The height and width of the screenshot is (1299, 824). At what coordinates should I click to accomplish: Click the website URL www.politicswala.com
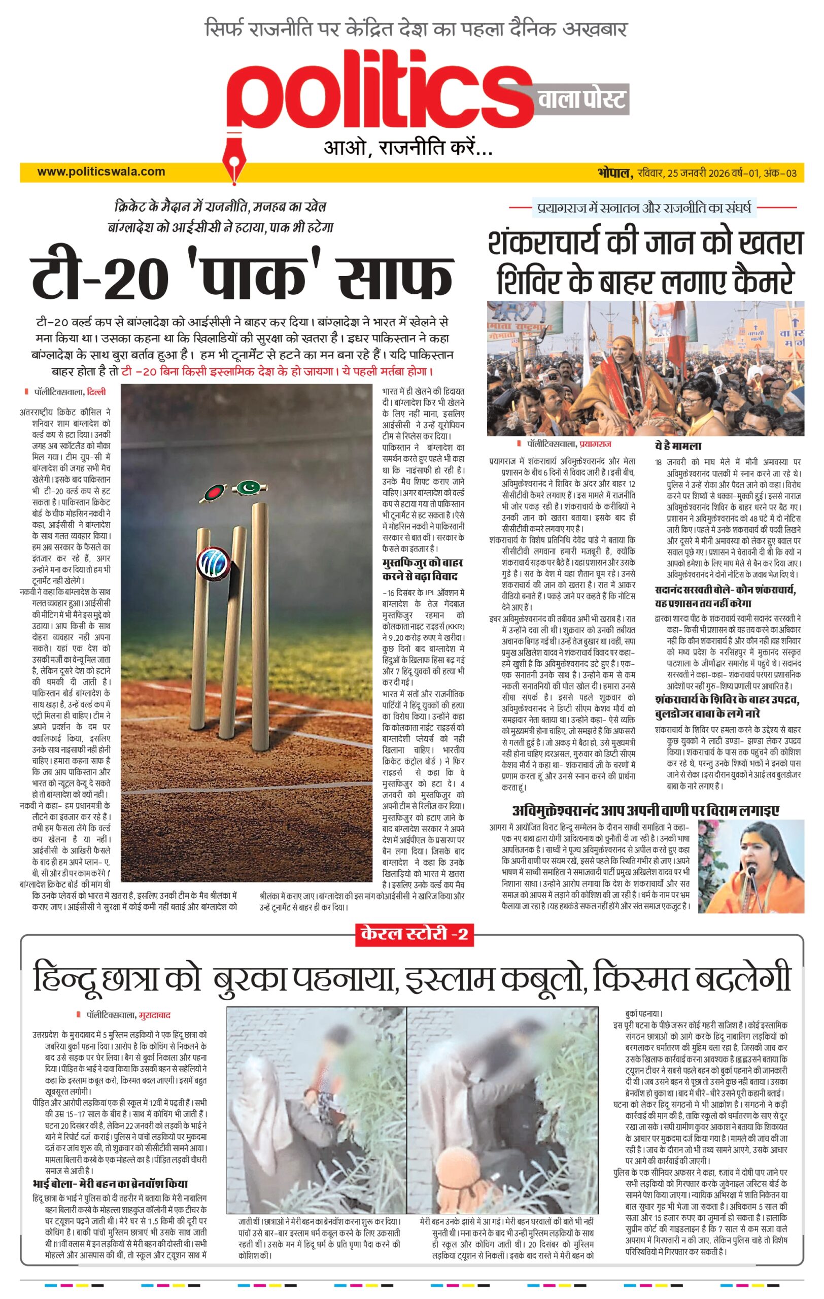(x=101, y=172)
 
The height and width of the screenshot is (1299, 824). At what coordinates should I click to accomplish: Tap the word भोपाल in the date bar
(x=614, y=173)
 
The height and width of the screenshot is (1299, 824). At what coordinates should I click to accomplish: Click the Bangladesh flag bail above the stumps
(x=212, y=492)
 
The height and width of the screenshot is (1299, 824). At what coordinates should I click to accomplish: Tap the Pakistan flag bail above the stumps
(x=249, y=487)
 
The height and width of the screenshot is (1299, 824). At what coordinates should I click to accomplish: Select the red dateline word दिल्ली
(x=96, y=392)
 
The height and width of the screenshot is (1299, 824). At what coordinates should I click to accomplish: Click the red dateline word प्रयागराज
(x=595, y=444)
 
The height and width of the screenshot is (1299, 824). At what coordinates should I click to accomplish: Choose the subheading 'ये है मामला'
(x=678, y=446)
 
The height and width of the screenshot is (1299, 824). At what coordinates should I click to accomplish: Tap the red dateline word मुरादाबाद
(x=154, y=1015)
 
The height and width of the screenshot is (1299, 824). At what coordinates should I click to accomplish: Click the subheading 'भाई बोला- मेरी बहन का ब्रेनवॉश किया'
(x=110, y=1183)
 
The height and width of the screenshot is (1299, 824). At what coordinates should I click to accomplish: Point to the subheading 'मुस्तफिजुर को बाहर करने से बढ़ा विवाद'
(x=422, y=569)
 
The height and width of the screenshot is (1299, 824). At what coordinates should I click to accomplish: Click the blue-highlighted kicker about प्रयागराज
(x=644, y=207)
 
